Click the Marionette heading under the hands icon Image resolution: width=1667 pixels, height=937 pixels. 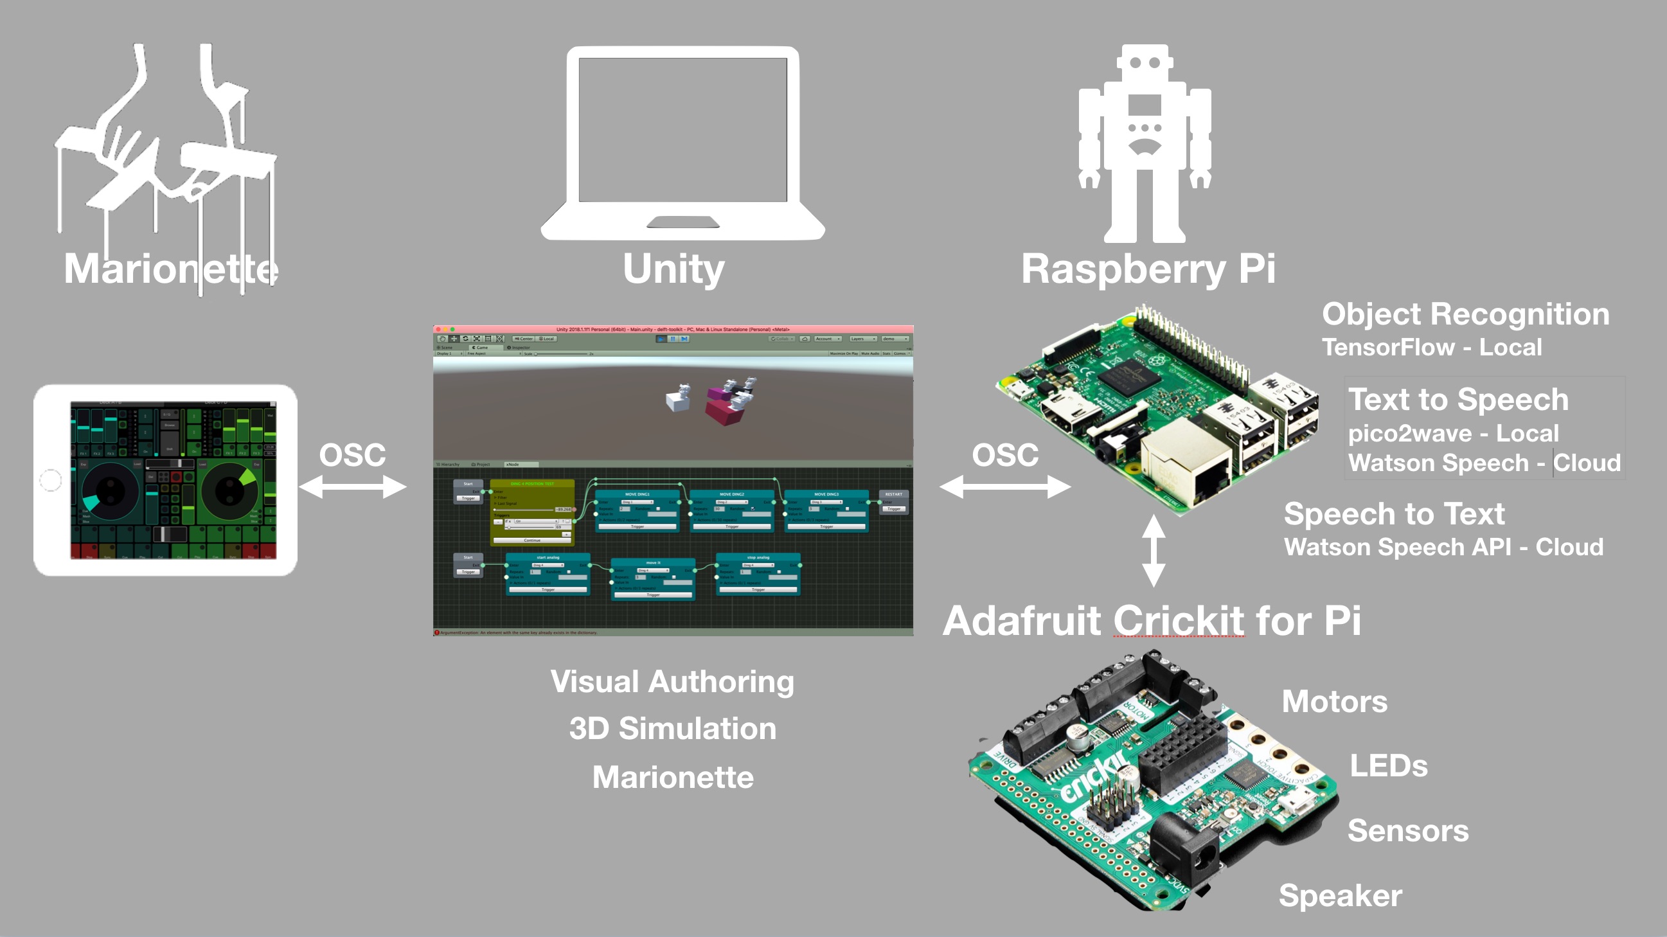(x=171, y=269)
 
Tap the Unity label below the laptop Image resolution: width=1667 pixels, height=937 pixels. (x=673, y=269)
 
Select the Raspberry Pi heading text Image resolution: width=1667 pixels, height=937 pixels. (x=1147, y=269)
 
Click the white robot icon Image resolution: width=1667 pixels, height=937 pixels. (x=1144, y=143)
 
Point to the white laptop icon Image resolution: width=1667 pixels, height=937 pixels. (x=682, y=143)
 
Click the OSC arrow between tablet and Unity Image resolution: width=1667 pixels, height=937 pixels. (x=353, y=486)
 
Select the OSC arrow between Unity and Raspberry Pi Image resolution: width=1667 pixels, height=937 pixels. (x=1004, y=486)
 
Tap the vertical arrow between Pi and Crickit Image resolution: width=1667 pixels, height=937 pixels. (x=1153, y=551)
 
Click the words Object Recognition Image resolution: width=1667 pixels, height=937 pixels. (x=1465, y=314)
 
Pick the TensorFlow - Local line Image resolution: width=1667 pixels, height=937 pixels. (x=1431, y=348)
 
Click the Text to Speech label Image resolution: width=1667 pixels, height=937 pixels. (x=1458, y=399)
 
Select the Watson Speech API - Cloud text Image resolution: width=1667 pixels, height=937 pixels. (x=1443, y=548)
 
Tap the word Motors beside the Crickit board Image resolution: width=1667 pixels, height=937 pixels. (x=1334, y=701)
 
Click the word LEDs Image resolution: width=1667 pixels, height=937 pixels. (x=1388, y=766)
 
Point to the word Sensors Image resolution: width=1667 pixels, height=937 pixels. (x=1407, y=831)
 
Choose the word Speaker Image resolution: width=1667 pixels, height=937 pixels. (x=1340, y=896)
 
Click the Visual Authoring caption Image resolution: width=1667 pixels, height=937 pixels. (x=672, y=681)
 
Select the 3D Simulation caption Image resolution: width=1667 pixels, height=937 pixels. (x=672, y=729)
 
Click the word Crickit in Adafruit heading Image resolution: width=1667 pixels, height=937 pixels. (x=1179, y=621)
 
